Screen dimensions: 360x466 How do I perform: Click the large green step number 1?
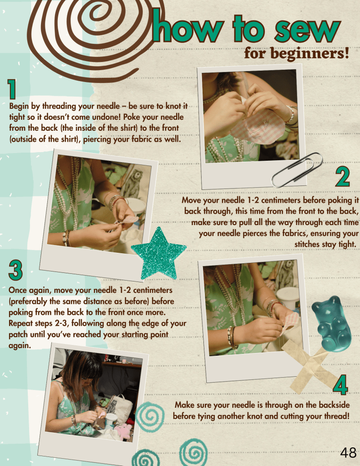[x=11, y=89]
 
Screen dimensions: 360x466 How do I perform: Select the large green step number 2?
[x=342, y=177]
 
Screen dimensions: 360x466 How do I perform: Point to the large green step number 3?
[x=15, y=270]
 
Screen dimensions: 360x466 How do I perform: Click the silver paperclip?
[x=297, y=170]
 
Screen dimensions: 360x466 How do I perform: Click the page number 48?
[x=348, y=453]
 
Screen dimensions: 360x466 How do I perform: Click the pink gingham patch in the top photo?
[x=255, y=125]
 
